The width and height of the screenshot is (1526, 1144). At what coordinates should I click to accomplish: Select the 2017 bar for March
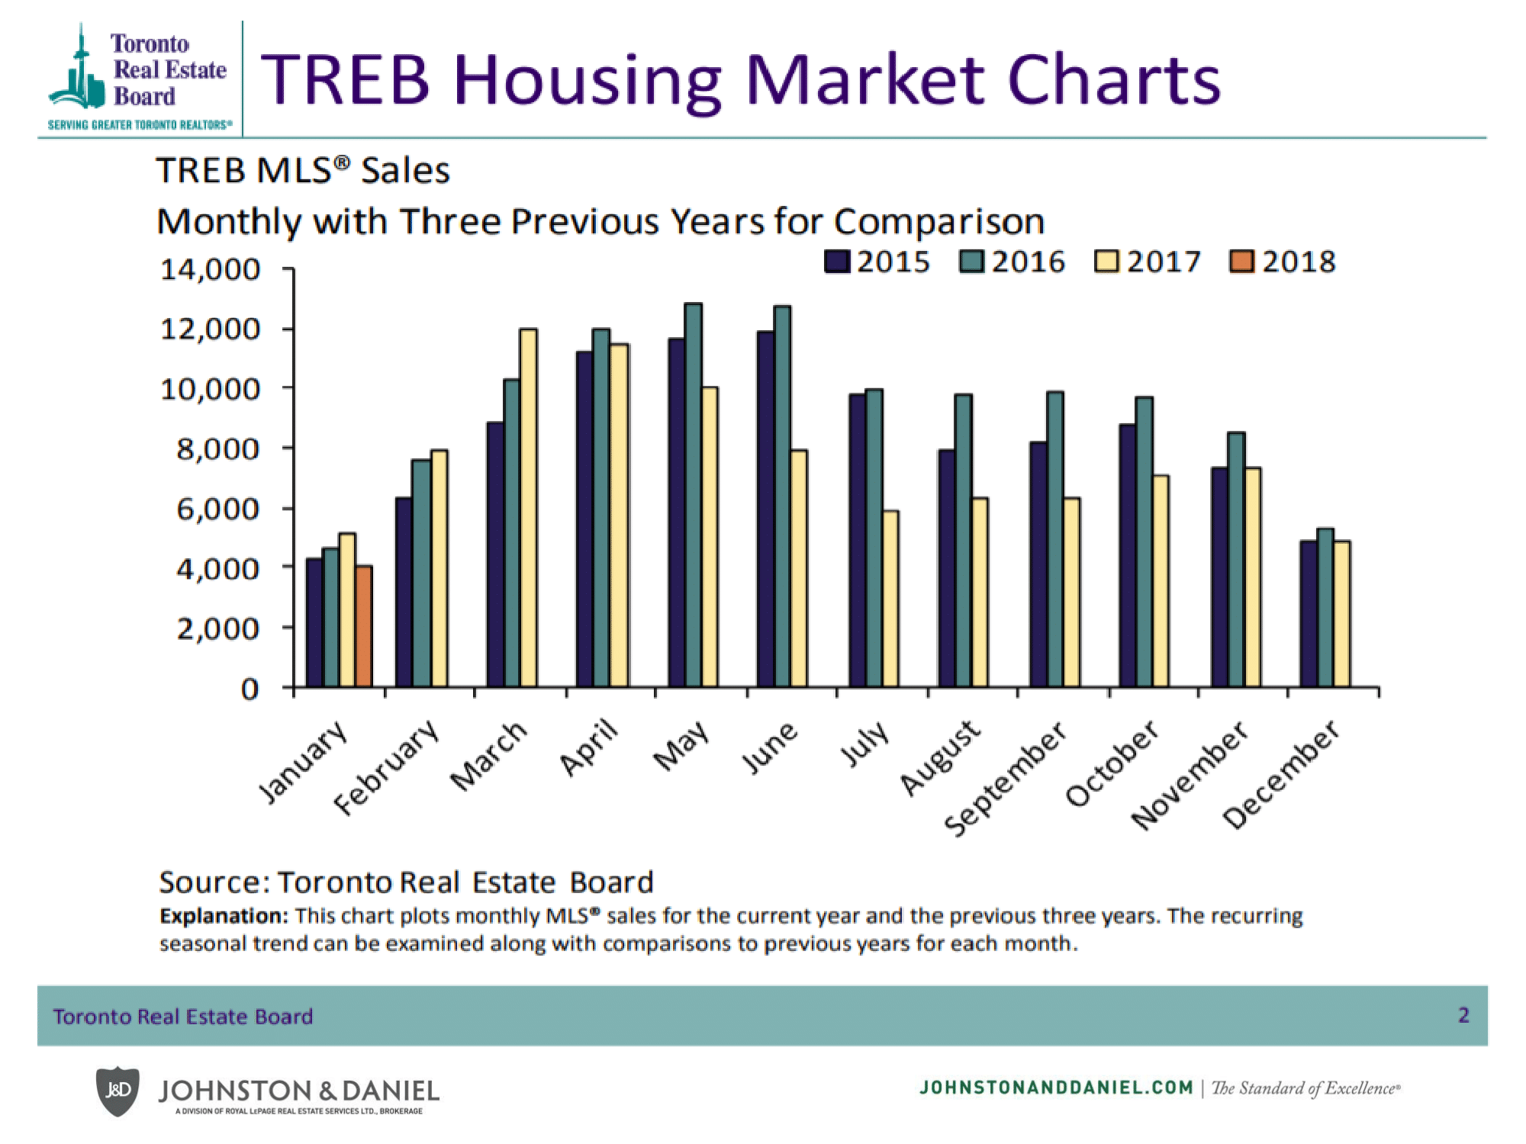point(528,507)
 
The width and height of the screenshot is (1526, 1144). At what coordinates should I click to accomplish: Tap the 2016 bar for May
point(694,496)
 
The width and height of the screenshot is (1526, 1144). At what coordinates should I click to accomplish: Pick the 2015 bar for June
point(765,509)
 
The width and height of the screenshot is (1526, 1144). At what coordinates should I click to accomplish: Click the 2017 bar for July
point(890,599)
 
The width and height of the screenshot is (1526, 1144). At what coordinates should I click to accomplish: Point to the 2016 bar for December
point(1325,607)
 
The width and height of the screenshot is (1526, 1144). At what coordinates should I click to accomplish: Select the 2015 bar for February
point(404,592)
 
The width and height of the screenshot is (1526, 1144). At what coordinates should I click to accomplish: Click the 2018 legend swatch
point(1241,262)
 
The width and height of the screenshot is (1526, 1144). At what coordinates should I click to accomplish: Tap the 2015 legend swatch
point(837,262)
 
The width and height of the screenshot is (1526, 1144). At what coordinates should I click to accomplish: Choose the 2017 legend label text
point(1164,262)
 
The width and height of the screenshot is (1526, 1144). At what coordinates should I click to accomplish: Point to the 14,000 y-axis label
point(210,269)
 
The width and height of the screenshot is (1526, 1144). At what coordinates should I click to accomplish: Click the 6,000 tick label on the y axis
point(218,509)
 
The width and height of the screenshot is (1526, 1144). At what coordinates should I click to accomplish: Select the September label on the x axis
point(1006,778)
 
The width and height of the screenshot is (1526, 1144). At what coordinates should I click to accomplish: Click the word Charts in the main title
point(1114,80)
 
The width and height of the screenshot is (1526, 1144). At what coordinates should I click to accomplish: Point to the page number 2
point(1463,1015)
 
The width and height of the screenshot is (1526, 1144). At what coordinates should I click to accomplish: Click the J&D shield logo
point(118,1091)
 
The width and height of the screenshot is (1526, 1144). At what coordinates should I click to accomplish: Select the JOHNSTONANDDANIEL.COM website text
point(1056,1088)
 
